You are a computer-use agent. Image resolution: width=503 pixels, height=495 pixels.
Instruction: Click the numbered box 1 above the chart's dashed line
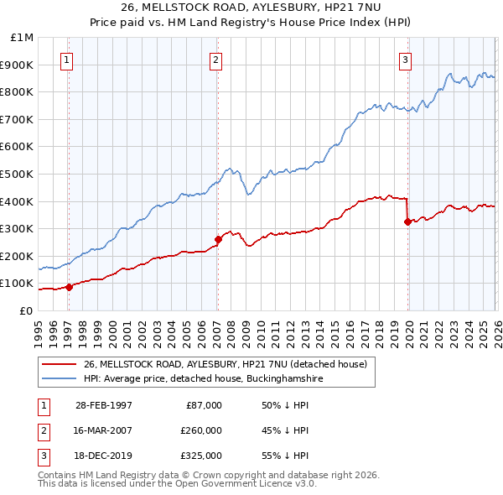tap(66, 60)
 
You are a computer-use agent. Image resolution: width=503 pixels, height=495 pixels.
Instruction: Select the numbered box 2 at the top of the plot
tap(215, 60)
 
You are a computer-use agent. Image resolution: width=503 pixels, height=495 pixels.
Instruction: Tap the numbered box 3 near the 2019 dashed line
tap(405, 60)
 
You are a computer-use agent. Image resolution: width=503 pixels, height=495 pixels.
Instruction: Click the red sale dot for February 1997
tap(70, 286)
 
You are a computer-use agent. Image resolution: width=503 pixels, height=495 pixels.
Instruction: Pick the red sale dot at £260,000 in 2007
tap(218, 239)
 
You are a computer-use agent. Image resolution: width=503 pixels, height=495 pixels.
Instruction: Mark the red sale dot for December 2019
tap(407, 221)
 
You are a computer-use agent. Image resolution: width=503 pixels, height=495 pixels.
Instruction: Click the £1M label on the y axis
tap(23, 38)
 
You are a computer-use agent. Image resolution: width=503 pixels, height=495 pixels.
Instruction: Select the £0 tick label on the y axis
tap(26, 310)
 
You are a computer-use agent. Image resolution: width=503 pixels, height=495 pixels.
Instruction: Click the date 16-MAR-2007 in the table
tap(104, 430)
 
